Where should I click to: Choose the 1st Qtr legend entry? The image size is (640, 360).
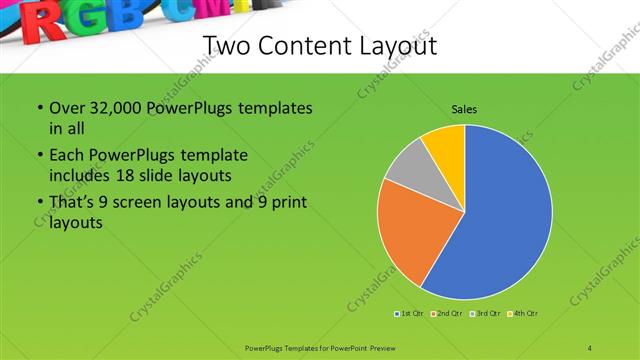[x=408, y=314]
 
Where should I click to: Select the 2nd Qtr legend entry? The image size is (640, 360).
[x=443, y=314]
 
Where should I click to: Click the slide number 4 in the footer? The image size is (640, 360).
[x=590, y=347]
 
